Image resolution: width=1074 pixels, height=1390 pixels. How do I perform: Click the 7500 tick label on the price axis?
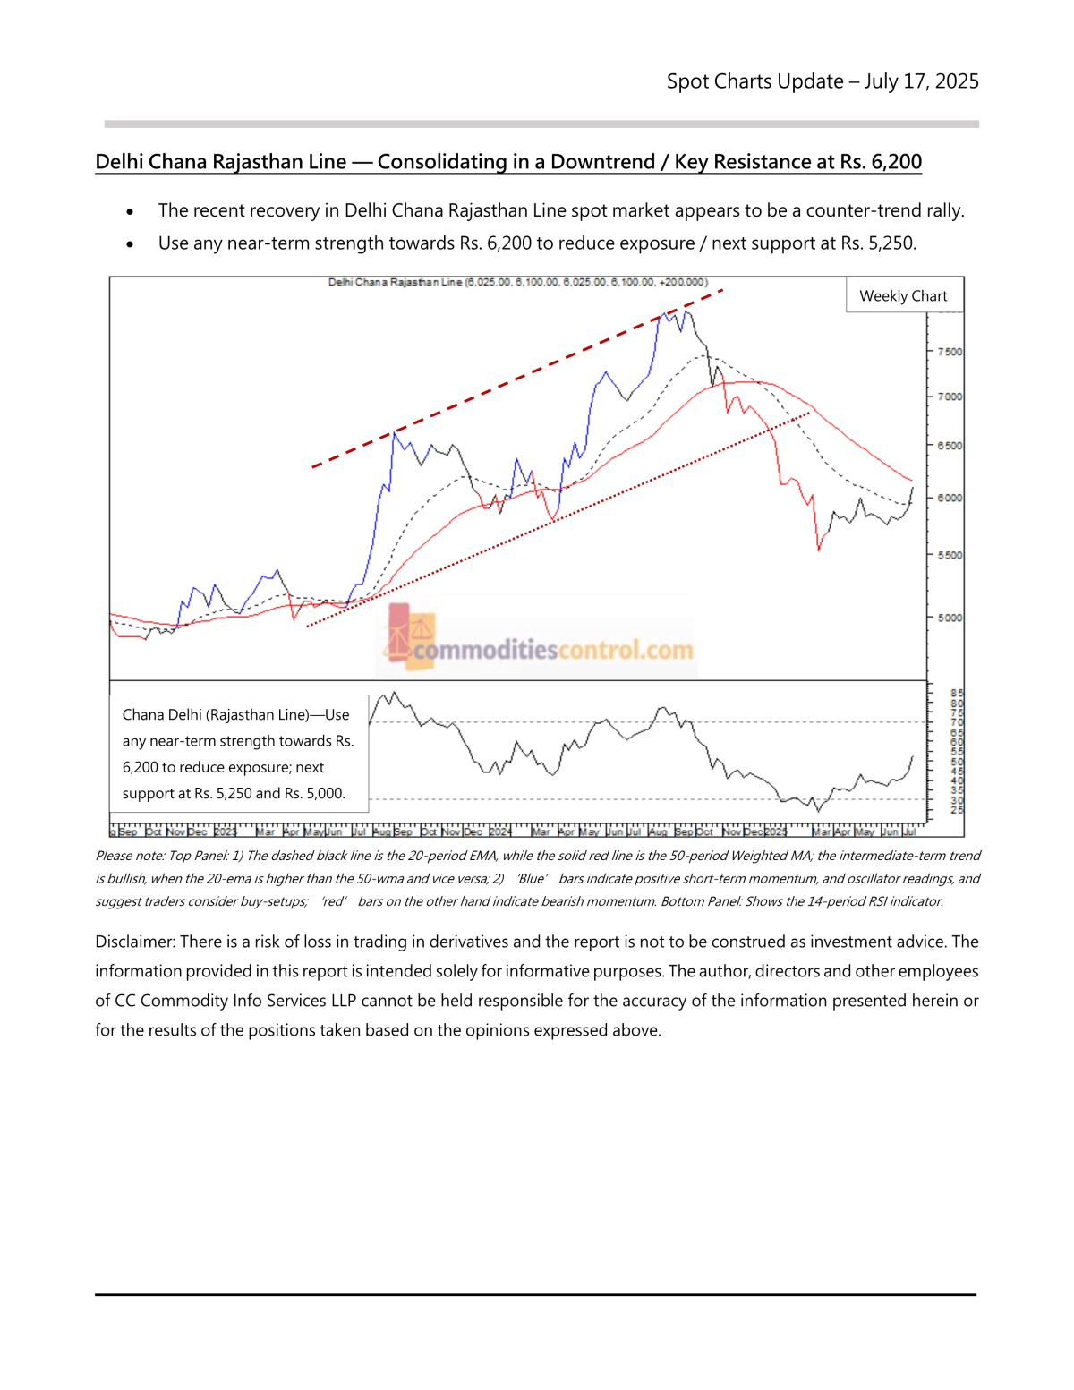[950, 352]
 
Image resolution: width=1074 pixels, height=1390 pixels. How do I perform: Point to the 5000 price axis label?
[950, 618]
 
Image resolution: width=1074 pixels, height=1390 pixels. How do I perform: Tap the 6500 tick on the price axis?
[950, 446]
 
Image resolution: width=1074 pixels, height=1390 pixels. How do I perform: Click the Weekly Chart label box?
[903, 296]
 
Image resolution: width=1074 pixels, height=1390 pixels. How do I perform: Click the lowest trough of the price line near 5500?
[818, 549]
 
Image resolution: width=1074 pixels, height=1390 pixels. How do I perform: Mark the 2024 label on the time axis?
[500, 832]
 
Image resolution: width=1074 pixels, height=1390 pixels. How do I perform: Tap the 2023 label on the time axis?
[226, 832]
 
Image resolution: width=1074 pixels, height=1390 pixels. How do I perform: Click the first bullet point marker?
[131, 212]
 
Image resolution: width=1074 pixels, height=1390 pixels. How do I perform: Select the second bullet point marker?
[131, 244]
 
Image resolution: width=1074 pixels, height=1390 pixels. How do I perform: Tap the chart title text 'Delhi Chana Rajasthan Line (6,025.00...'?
[517, 282]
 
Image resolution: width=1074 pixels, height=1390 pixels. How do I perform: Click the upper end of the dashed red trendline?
[720, 290]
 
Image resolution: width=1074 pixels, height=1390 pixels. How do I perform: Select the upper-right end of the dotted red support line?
[809, 413]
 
